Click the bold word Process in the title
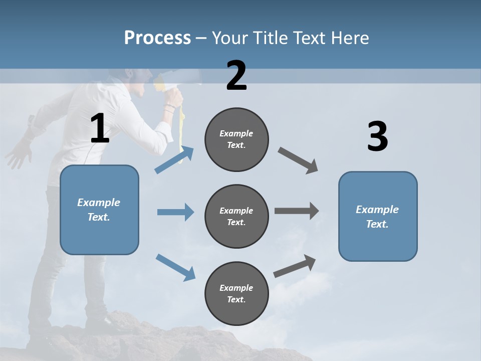coord(157,38)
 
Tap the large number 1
coord(100,129)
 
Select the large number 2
coord(236,76)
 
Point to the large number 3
coord(377,137)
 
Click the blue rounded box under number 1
coord(99,210)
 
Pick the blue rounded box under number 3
coord(378,217)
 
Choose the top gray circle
coord(236,139)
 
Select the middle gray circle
coord(236,216)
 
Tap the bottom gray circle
coord(236,293)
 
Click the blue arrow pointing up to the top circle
coord(174,159)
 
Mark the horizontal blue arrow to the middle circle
coord(175,212)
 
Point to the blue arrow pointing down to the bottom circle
coord(175,267)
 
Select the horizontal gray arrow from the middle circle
coord(297,211)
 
